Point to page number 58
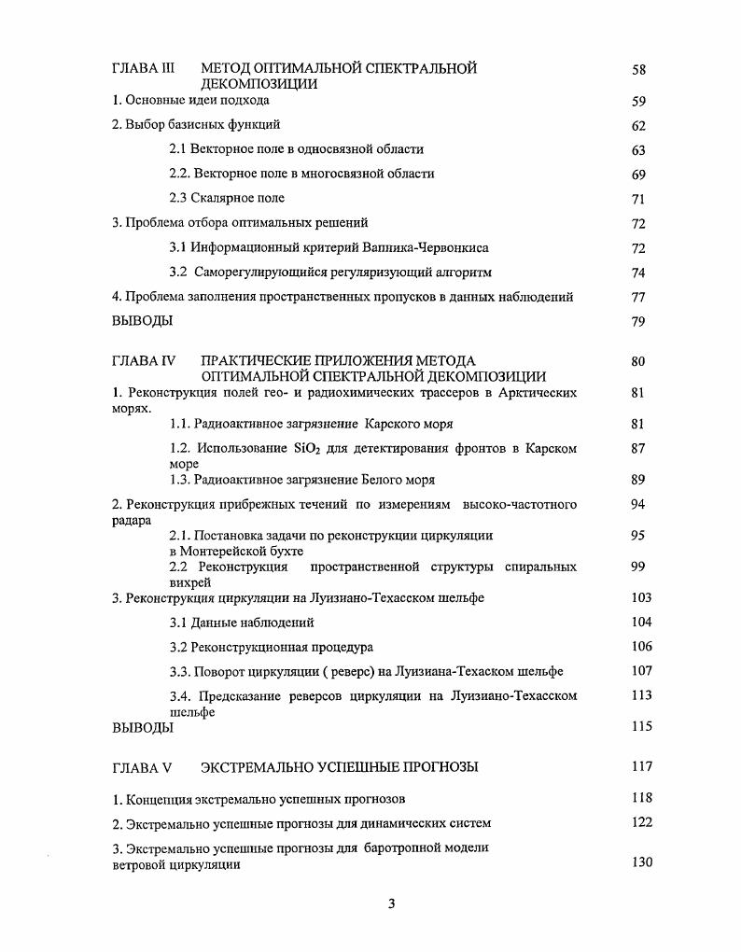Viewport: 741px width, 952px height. tap(638, 69)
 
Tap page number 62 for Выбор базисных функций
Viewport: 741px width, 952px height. tap(638, 126)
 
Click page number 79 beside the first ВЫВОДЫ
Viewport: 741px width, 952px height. tap(638, 322)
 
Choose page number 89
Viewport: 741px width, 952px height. tap(638, 480)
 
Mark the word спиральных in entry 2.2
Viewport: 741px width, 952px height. tap(540, 567)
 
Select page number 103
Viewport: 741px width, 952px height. tap(641, 597)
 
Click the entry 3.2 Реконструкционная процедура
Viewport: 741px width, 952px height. tap(271, 647)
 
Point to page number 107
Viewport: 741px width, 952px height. tap(641, 671)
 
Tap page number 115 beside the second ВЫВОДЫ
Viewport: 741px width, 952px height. tap(641, 726)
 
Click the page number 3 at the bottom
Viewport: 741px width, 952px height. tap(392, 903)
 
